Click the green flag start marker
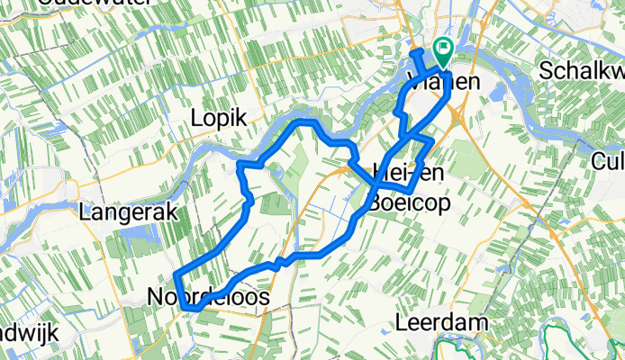coord(444,50)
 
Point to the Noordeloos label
coord(207,296)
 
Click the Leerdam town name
coord(443,322)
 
